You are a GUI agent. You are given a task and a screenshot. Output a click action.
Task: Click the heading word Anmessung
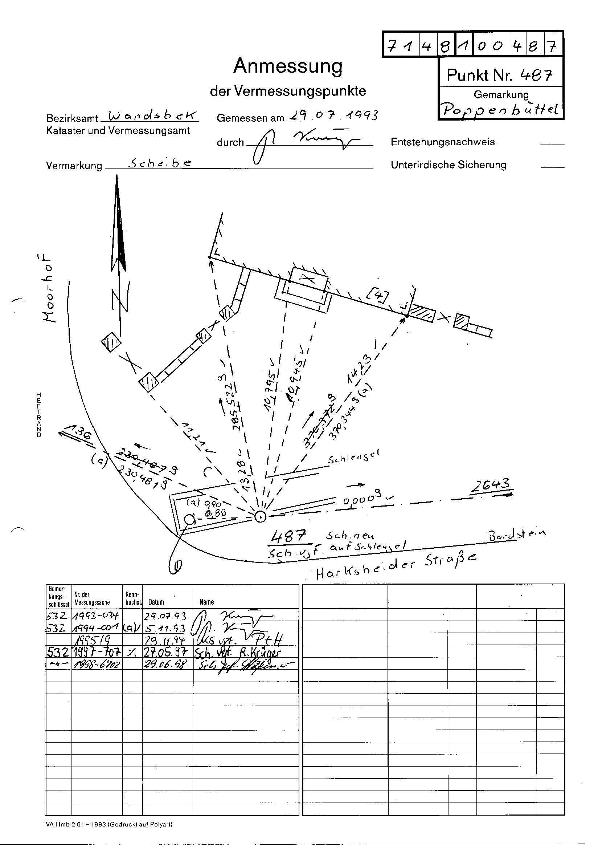288,66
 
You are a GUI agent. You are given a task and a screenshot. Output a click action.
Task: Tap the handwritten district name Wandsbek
150,116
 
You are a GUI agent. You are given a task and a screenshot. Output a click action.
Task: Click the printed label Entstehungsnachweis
442,142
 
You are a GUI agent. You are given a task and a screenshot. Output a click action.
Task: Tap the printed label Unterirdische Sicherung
448,165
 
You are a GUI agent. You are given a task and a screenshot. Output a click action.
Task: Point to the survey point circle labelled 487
260,517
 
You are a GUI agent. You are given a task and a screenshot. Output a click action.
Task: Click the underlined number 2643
491,485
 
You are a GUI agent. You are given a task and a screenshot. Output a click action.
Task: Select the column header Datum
156,602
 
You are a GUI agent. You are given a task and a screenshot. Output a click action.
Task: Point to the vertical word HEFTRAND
38,415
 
